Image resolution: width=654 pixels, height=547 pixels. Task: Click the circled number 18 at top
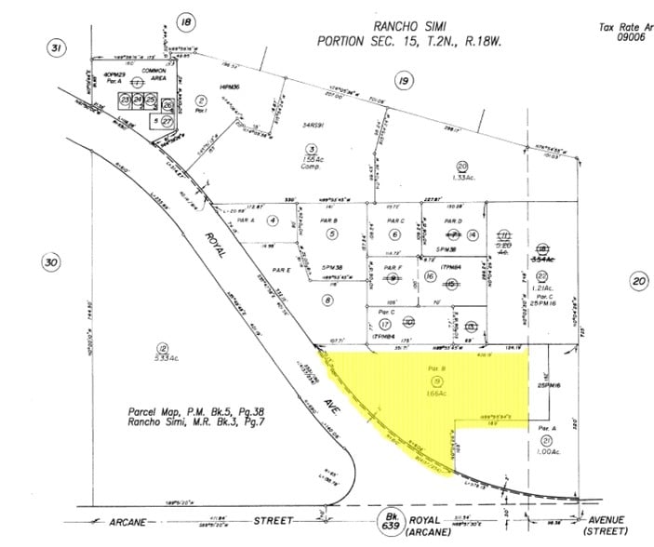(x=187, y=22)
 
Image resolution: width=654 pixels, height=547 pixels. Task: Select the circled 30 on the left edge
(x=52, y=263)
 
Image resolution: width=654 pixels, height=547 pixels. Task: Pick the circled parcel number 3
(x=314, y=149)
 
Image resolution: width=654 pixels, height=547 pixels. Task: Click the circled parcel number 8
(x=327, y=300)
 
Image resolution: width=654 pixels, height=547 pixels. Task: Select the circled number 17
(x=385, y=324)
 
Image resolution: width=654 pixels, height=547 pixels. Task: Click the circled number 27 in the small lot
(x=167, y=121)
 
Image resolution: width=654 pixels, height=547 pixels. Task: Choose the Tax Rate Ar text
(x=625, y=27)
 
